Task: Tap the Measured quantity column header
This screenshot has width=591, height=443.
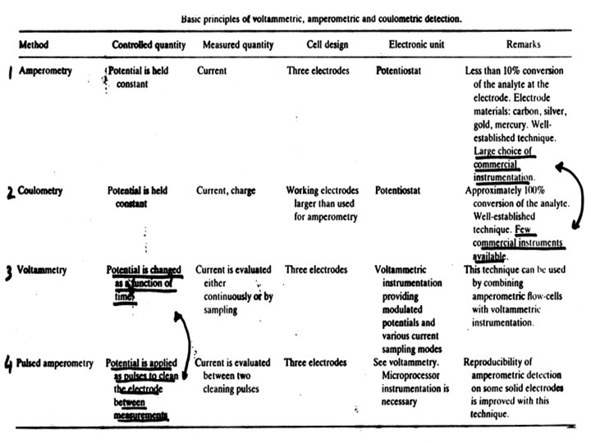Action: click(238, 44)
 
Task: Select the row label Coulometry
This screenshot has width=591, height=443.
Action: click(42, 191)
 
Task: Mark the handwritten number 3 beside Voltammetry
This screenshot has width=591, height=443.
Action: click(8, 272)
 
